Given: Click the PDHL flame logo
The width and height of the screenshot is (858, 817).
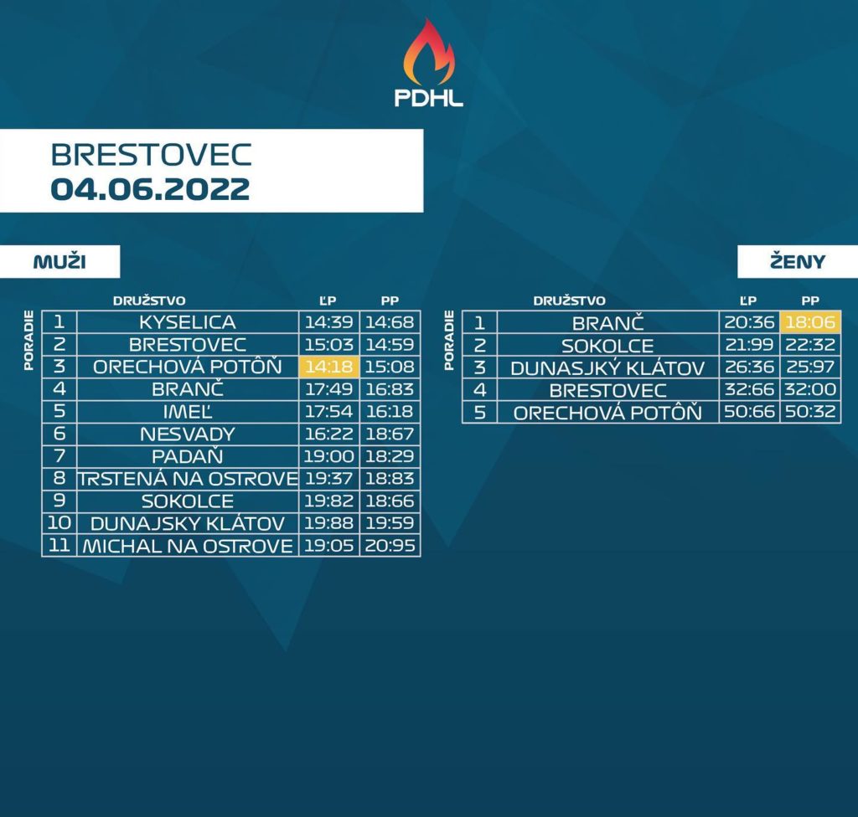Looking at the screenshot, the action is click(429, 62).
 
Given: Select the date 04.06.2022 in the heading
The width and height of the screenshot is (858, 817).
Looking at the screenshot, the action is click(151, 189).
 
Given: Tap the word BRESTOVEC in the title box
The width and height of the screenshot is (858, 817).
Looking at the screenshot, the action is click(151, 155).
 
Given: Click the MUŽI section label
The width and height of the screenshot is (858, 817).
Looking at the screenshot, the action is click(59, 261).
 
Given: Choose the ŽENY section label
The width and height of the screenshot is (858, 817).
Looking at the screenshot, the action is click(798, 261).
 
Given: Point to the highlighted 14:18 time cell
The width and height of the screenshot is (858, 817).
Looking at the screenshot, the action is click(328, 367).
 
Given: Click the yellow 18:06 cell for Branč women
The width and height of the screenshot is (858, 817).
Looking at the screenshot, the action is click(810, 321).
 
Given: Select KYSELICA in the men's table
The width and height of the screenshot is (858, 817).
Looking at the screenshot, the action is click(188, 322).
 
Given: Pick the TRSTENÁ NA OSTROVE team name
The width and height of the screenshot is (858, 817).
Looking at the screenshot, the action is click(188, 479).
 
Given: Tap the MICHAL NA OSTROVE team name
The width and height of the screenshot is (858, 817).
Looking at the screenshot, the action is click(188, 546).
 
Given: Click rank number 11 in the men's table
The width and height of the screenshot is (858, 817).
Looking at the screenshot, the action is click(59, 545).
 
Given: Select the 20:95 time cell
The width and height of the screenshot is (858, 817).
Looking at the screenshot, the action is click(390, 546).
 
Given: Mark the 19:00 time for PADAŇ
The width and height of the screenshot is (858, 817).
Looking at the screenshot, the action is click(328, 456).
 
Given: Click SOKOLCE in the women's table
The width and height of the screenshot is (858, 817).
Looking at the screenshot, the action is click(607, 346).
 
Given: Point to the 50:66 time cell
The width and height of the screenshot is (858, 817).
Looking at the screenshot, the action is click(749, 411).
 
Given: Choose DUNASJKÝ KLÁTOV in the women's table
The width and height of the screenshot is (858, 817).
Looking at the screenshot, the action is click(607, 368).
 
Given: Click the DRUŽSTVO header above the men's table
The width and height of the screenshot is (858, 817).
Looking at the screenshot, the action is click(149, 301).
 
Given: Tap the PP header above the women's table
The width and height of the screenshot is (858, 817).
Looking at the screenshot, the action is click(810, 301).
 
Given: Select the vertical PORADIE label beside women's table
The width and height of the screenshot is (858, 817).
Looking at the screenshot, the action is click(449, 341).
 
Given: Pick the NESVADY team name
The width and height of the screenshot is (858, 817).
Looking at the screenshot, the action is click(188, 434).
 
